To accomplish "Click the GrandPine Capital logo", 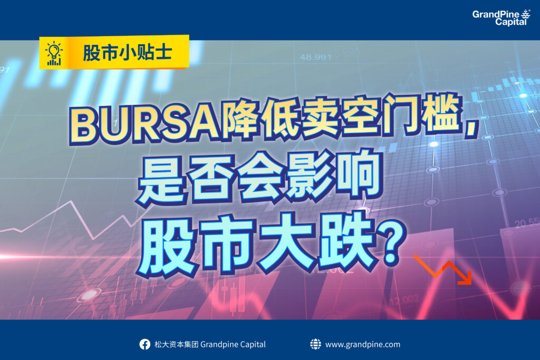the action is click(x=501, y=17).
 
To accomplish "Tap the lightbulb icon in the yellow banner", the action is click(x=54, y=53).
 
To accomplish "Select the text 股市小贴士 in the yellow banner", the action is click(x=128, y=53).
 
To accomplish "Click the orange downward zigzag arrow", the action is click(x=444, y=270).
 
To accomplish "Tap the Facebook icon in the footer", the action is click(x=144, y=344).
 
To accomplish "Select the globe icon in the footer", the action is click(x=315, y=344).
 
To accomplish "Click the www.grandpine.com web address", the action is click(x=363, y=345).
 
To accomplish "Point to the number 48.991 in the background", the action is click(x=315, y=57).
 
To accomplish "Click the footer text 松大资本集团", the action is click(x=176, y=344).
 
